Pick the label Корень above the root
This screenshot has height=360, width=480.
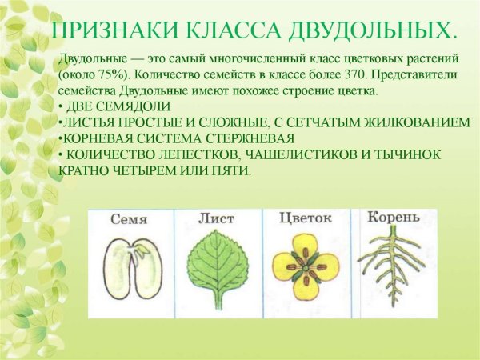pyautogui.click(x=393, y=218)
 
